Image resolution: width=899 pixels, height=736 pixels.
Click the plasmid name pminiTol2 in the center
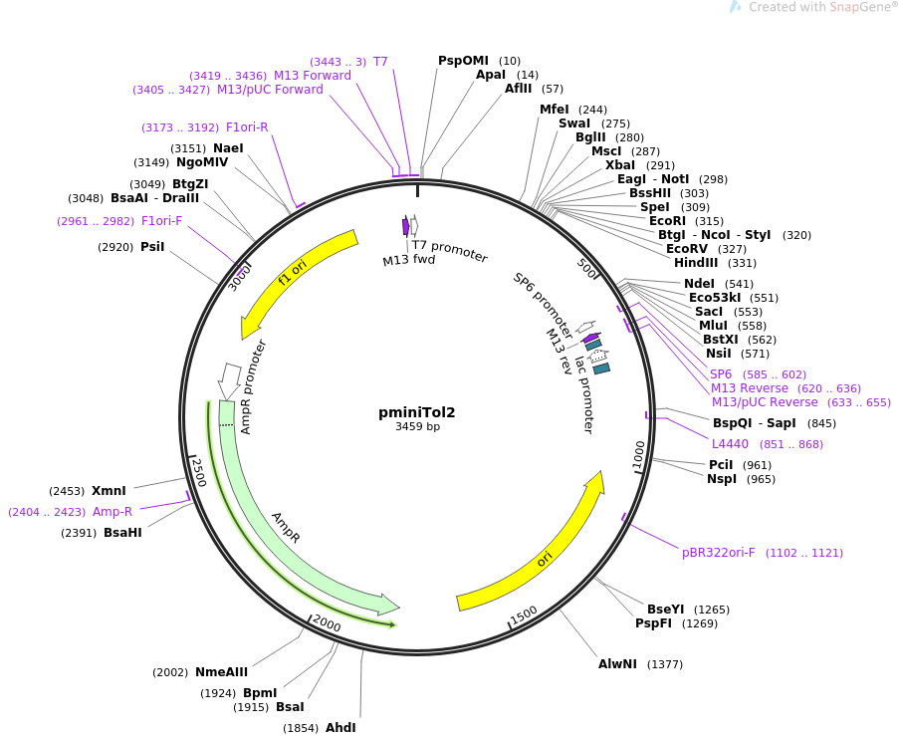click(x=416, y=412)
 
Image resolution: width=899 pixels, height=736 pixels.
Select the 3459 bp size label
click(x=417, y=427)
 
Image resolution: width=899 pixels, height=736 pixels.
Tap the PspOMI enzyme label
click(x=463, y=61)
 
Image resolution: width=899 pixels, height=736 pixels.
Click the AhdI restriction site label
click(x=340, y=728)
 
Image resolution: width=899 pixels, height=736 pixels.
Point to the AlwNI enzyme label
click(x=617, y=664)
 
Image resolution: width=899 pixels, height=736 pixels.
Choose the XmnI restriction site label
click(x=109, y=491)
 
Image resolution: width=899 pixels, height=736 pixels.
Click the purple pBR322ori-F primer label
click(x=719, y=553)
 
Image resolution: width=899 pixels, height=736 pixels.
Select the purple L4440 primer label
click(x=731, y=444)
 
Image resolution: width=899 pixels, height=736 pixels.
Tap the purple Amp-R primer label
click(x=112, y=512)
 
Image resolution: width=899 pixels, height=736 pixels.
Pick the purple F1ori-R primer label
click(x=247, y=127)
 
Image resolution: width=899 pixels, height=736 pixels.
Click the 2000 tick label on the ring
click(x=327, y=623)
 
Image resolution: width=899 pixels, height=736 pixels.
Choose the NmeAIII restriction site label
click(x=221, y=672)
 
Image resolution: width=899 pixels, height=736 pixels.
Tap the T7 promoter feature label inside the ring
click(x=450, y=252)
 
